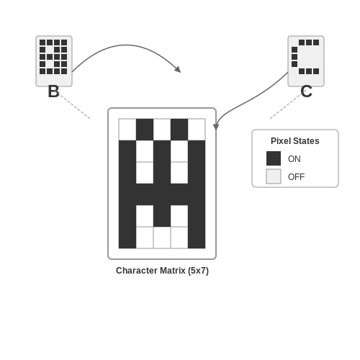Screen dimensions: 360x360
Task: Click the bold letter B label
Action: tap(53, 91)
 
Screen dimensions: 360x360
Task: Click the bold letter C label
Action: tap(306, 91)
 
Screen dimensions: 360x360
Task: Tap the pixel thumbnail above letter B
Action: tap(54, 61)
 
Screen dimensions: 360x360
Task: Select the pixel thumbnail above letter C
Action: tap(306, 61)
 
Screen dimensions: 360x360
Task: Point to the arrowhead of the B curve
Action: tap(178, 70)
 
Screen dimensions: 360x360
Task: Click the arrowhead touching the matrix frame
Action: tap(216, 127)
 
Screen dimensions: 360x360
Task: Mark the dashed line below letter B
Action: tap(74, 107)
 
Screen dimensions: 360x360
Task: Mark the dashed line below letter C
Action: tap(286, 106)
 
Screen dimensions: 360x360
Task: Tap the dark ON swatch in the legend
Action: tap(274, 158)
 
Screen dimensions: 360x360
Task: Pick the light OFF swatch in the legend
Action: tap(274, 176)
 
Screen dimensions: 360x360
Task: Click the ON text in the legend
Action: tap(294, 159)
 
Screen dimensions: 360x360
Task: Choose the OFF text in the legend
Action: tap(297, 177)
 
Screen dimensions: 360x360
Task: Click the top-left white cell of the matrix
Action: tap(127, 130)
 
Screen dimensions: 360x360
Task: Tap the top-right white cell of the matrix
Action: tap(197, 130)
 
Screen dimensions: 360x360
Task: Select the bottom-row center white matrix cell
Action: tap(162, 238)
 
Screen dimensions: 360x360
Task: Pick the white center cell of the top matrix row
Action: tap(162, 130)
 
